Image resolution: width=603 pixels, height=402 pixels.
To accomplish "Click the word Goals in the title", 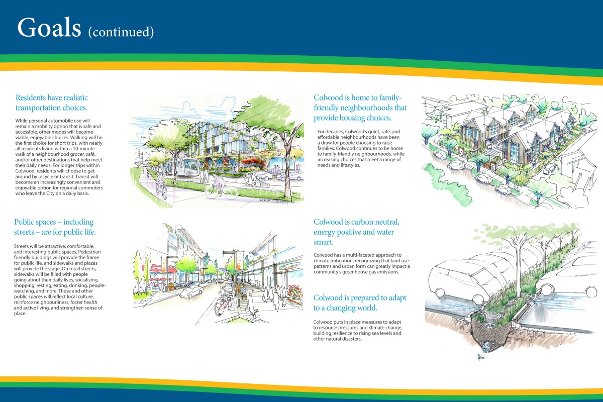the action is (49, 27).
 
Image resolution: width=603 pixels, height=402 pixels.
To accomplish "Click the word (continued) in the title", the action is (121, 32).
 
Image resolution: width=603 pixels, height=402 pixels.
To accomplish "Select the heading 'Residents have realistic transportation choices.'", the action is (51, 103).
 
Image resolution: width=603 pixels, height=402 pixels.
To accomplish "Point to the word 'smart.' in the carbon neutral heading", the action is (324, 242).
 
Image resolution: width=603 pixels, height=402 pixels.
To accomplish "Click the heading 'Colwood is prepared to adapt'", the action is (360, 298).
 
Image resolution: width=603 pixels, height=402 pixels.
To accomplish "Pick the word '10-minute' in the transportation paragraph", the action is (84, 149).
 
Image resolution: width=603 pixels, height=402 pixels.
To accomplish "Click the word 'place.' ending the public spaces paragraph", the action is (20, 314).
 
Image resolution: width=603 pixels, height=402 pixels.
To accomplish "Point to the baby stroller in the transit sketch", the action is (262, 182).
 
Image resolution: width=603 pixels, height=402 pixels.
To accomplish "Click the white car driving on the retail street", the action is (191, 291).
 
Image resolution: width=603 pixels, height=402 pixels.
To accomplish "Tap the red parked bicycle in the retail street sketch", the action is (225, 306).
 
